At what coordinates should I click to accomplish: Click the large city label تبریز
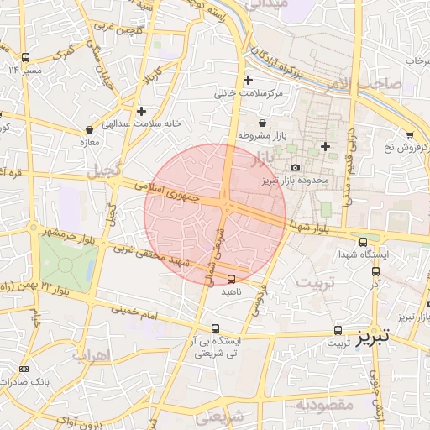tap(372, 338)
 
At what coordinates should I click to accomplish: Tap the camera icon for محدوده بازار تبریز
tap(295, 168)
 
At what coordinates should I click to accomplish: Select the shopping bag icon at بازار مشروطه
tap(263, 123)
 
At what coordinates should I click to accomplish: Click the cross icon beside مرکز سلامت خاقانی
tap(247, 81)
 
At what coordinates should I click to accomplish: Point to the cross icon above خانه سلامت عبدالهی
tap(141, 110)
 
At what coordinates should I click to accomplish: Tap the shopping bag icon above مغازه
tap(89, 130)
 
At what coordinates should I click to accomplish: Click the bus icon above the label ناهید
tap(231, 280)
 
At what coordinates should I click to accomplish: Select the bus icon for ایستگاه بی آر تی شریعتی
tap(216, 329)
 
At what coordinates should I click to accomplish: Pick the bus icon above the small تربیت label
tap(338, 330)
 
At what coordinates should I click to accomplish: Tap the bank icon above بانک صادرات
tap(23, 370)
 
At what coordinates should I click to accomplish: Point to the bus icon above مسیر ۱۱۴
tap(25, 58)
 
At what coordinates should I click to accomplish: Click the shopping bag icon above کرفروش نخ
tap(409, 135)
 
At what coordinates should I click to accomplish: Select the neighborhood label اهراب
tap(92, 355)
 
